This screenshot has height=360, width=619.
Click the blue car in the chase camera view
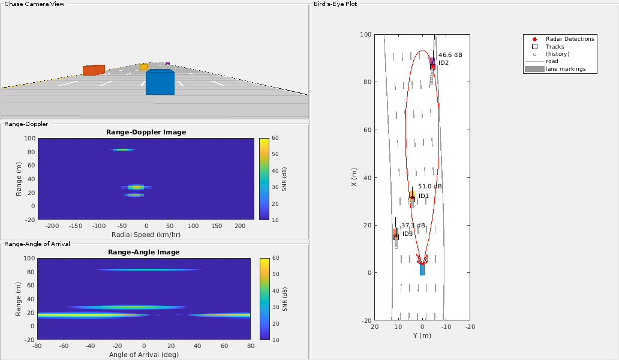(160, 82)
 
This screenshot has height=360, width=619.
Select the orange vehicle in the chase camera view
(94, 70)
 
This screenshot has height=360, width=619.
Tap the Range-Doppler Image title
(146, 132)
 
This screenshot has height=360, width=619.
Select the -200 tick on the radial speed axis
(52, 226)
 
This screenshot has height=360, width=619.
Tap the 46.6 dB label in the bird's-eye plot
(450, 55)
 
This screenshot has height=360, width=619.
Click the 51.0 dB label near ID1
(429, 187)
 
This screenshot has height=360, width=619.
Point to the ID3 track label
(407, 233)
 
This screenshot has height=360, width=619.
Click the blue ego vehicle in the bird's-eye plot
(422, 269)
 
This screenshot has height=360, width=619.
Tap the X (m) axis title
(354, 177)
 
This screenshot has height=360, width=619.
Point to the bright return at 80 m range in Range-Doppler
(122, 149)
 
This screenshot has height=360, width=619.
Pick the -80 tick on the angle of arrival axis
(38, 346)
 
